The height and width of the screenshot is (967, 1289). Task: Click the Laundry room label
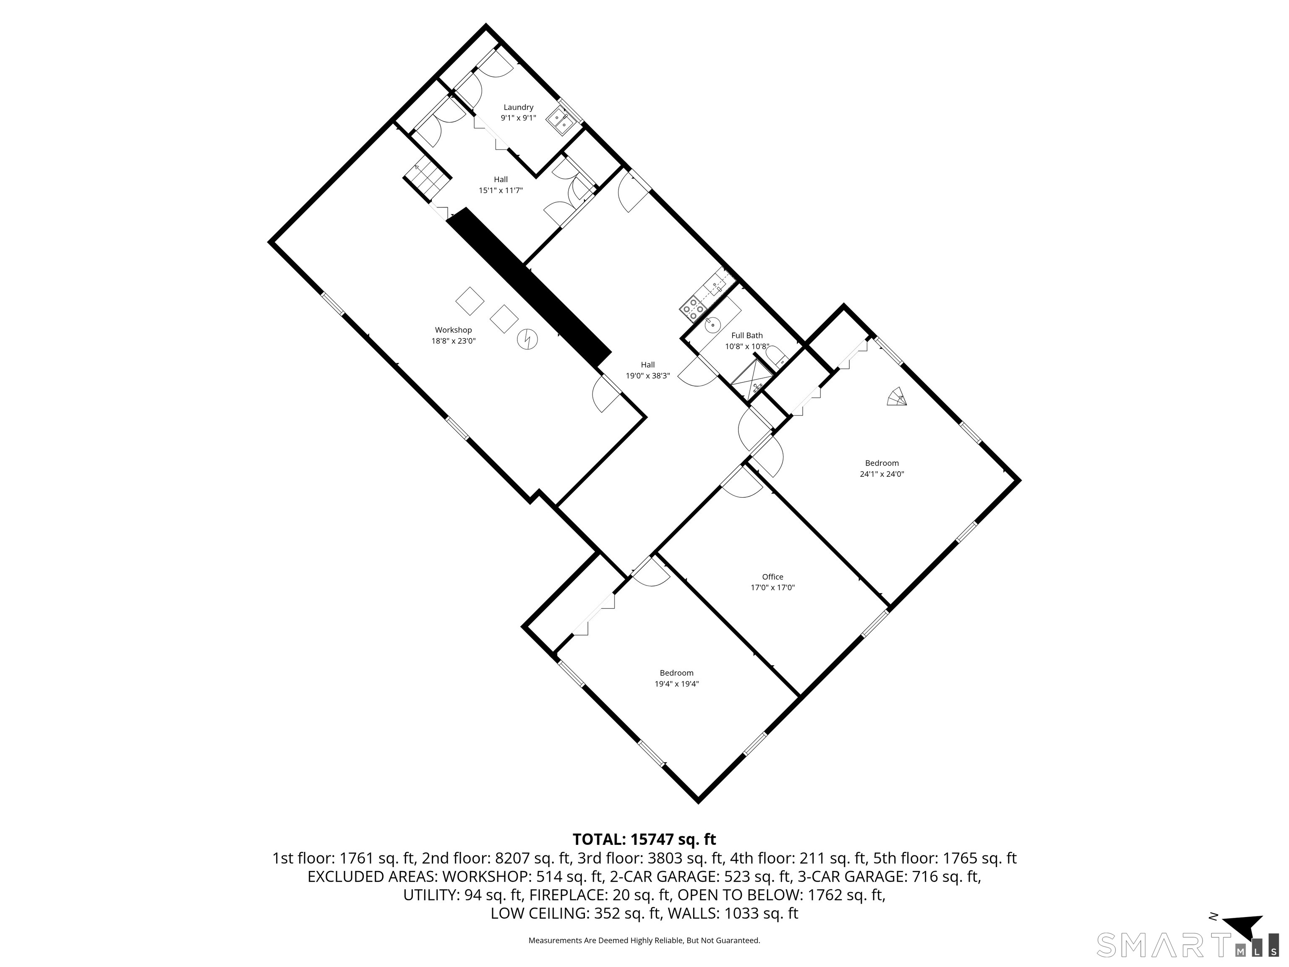pyautogui.click(x=518, y=107)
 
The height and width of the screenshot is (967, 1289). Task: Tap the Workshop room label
pyautogui.click(x=453, y=330)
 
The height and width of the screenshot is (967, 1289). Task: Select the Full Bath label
pyautogui.click(x=746, y=335)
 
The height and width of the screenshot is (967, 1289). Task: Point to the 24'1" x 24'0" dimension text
pyautogui.click(x=881, y=474)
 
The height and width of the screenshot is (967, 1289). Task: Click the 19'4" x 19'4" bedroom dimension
pyautogui.click(x=676, y=684)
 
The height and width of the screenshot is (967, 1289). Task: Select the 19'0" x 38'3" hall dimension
pyautogui.click(x=647, y=376)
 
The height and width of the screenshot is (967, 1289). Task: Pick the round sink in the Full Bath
pyautogui.click(x=712, y=325)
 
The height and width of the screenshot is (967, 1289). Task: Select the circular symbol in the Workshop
pyautogui.click(x=528, y=339)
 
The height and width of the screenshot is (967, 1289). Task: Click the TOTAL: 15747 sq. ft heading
pyautogui.click(x=644, y=839)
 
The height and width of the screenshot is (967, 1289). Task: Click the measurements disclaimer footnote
pyautogui.click(x=644, y=940)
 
